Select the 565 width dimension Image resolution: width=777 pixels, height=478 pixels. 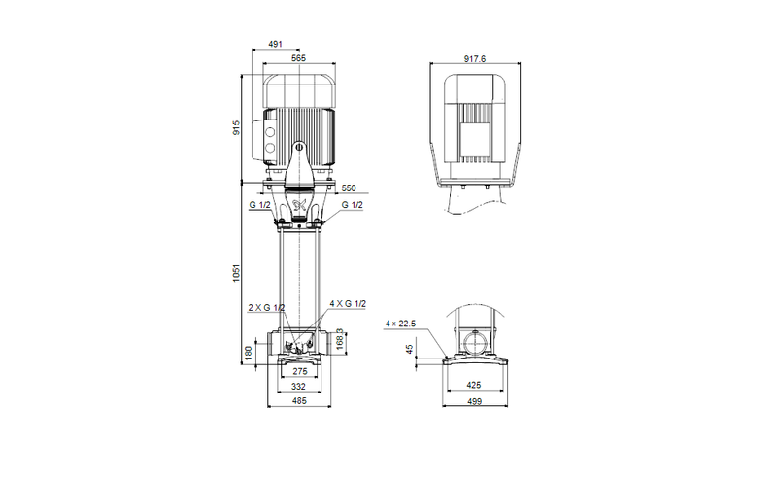coord(299,59)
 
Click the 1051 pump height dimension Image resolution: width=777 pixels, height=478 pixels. coord(236,274)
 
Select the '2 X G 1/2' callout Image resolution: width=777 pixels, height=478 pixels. coord(265,307)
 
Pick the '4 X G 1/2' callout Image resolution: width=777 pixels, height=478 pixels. coord(348,304)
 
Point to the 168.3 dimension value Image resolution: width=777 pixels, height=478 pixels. coord(341,341)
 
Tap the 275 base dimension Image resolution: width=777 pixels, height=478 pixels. coord(299,371)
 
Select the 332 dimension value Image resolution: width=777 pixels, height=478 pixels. coord(299,387)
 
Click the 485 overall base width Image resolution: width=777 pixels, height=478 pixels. coord(299,402)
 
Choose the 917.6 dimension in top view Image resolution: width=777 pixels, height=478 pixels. coord(475,59)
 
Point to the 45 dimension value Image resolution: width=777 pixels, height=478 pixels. coord(411,348)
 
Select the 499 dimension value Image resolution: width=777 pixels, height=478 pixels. coord(475,401)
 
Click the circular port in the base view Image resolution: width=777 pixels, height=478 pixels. coord(475,342)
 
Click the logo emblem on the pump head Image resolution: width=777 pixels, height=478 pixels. coord(299,204)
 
